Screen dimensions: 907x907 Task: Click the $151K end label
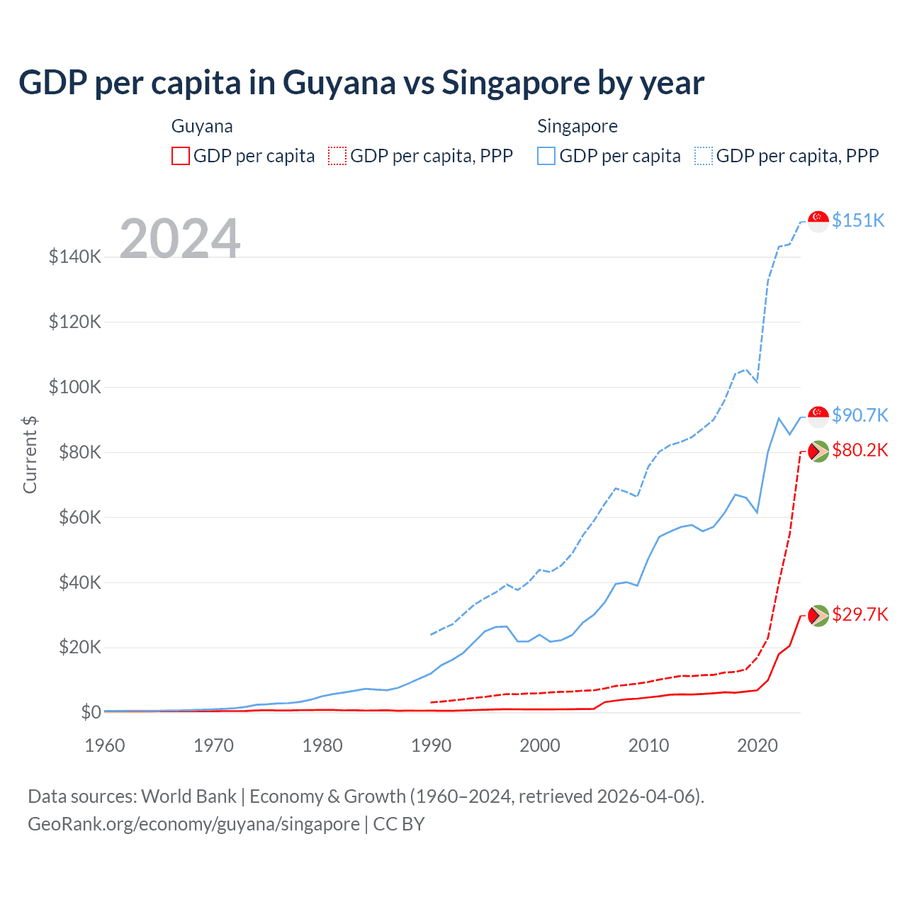pos(858,220)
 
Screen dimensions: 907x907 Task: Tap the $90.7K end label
pos(860,415)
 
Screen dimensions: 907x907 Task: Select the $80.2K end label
pos(860,451)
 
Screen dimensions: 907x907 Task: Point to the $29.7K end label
pos(860,614)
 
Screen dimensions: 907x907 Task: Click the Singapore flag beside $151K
pos(818,221)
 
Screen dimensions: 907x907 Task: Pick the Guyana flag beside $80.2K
pos(818,451)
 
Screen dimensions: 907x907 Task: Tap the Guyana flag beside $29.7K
pos(818,615)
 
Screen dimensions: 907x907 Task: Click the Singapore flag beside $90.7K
pos(818,416)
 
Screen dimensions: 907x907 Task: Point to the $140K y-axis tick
pos(75,257)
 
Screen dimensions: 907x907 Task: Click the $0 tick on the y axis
pos(91,712)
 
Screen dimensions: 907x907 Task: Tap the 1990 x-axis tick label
pos(432,745)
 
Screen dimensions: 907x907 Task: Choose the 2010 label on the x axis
pos(649,745)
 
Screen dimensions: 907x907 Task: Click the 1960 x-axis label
pos(105,745)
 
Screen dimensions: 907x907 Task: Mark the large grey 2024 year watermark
pos(180,239)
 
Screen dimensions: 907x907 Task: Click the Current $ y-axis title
pos(30,455)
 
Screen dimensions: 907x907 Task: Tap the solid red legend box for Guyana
pos(181,156)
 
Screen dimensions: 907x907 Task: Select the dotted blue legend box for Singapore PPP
pos(704,156)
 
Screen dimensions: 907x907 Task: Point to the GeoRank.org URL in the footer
pos(193,824)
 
